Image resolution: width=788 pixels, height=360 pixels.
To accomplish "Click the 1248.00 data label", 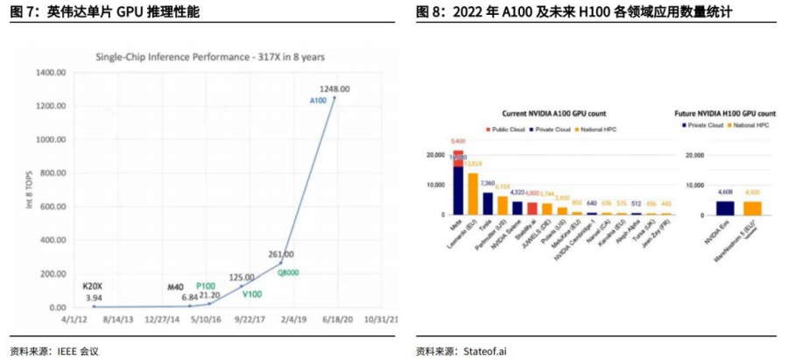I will (x=334, y=89).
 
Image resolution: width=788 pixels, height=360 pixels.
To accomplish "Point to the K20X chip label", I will (x=93, y=286).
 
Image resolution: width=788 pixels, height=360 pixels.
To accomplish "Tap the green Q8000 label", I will (x=289, y=272).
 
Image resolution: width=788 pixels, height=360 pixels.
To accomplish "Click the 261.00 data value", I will (x=280, y=254).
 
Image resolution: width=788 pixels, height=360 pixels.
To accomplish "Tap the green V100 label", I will (x=252, y=293).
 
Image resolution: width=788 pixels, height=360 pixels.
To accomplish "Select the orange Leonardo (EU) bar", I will (x=473, y=194).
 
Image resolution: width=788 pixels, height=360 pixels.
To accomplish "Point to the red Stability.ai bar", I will (x=532, y=208).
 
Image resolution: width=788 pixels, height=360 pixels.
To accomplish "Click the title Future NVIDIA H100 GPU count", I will (x=725, y=114).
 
